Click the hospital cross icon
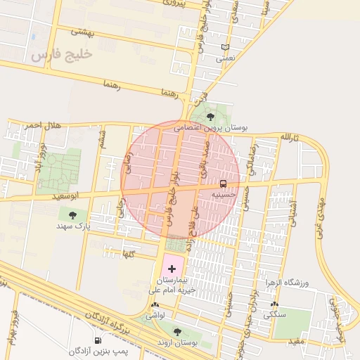(172, 269)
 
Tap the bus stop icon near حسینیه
(224, 184)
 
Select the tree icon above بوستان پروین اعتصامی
(211, 117)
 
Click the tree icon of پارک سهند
(73, 214)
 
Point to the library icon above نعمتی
(225, 48)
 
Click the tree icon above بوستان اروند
(176, 332)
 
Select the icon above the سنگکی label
(274, 306)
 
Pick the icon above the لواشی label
(155, 305)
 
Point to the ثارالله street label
(289, 136)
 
